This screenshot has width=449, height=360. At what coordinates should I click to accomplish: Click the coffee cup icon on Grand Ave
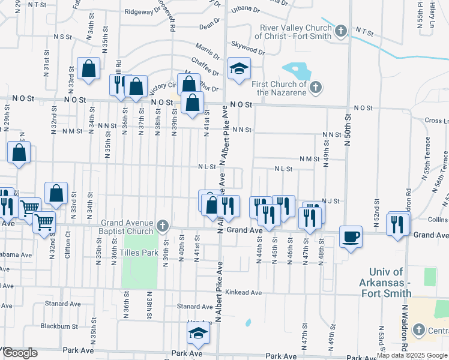[x=351, y=236]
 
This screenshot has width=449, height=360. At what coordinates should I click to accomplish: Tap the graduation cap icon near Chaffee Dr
[x=238, y=68]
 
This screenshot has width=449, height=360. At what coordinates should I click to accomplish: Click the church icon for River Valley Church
[x=340, y=30]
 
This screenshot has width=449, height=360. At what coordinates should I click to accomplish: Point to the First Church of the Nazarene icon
[x=316, y=88]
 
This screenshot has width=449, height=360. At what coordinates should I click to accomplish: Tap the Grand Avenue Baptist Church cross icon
[x=161, y=226]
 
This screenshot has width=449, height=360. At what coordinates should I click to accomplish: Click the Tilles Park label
[x=139, y=253]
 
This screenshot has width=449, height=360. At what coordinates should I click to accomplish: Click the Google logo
[x=19, y=353]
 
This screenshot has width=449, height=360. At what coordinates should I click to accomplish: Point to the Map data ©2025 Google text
[x=412, y=355]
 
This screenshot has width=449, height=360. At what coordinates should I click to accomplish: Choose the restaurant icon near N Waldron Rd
[x=399, y=224]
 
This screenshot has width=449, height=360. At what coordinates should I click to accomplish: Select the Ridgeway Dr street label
[x=142, y=11]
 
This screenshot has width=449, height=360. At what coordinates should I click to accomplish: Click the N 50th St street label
[x=347, y=129]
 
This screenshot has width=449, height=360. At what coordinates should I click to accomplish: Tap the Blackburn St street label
[x=59, y=326]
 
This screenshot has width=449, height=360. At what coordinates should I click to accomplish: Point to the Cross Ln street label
[x=436, y=121]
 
